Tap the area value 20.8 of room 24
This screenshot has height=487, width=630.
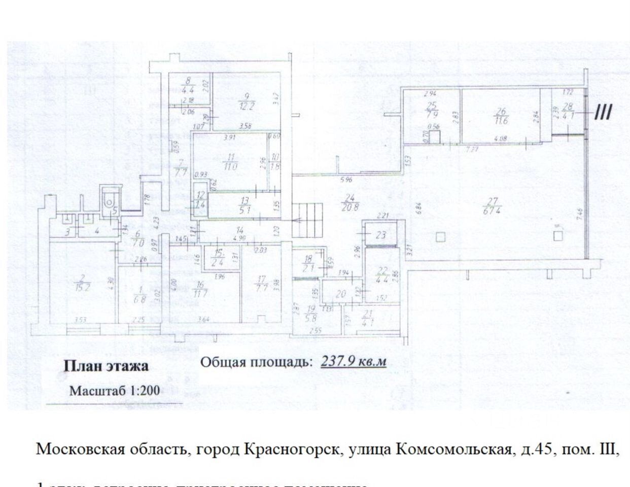pyautogui.click(x=347, y=206)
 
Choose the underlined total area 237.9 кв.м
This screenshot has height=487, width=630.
pyautogui.click(x=354, y=361)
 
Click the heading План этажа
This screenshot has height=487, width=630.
pyautogui.click(x=106, y=366)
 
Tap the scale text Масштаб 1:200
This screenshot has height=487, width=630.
pyautogui.click(x=115, y=391)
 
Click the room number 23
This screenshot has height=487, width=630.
pyautogui.click(x=381, y=235)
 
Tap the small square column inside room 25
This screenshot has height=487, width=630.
pyautogui.click(x=434, y=137)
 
